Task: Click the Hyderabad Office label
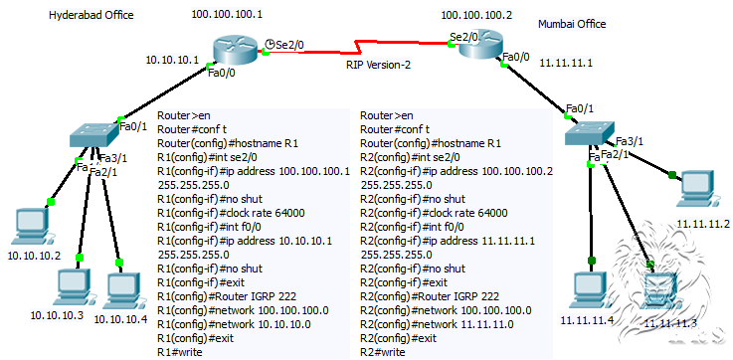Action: coord(91,16)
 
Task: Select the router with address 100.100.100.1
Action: coord(234,46)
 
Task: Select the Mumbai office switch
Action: coord(589,137)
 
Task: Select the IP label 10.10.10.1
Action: coord(173,60)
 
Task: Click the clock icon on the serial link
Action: coord(273,44)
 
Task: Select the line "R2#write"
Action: coord(382,352)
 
